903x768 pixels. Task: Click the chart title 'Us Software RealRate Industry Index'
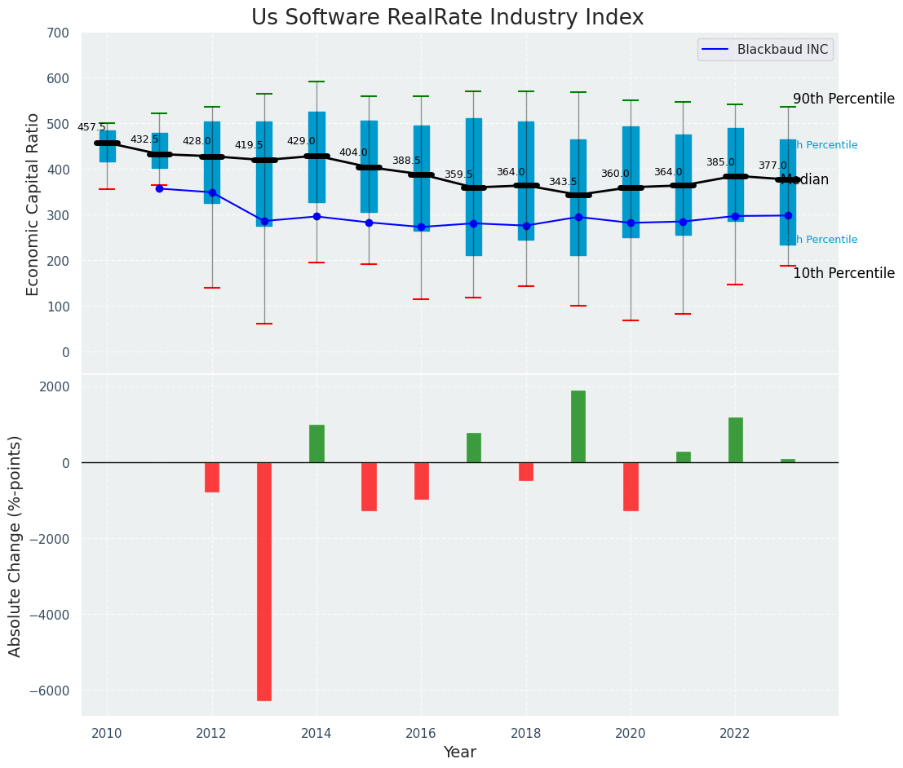point(447,18)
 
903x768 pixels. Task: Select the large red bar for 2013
point(264,580)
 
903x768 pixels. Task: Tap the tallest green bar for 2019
point(578,426)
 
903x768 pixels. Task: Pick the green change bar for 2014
point(316,444)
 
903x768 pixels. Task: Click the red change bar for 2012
point(212,477)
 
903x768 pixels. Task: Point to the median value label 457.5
point(91,127)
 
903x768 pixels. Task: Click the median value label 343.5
point(562,182)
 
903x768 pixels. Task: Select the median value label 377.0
point(772,166)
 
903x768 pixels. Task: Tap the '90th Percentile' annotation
point(843,99)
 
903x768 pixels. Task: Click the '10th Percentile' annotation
point(843,273)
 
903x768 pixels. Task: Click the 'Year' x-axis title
point(460,752)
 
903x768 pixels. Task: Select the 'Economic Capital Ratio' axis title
point(33,204)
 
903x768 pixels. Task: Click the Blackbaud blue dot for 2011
point(159,188)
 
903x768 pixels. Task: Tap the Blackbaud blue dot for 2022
point(735,216)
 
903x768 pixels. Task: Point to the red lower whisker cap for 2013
point(264,324)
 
